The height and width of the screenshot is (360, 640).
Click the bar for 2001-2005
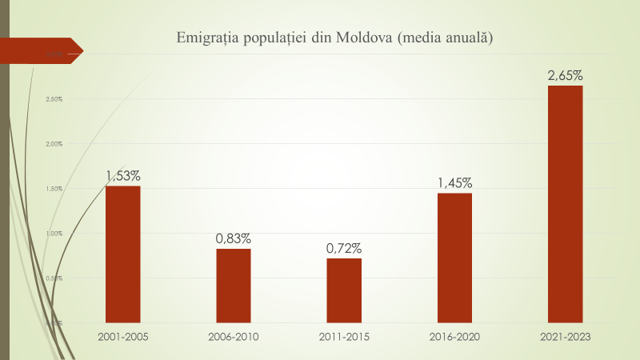pyautogui.click(x=122, y=254)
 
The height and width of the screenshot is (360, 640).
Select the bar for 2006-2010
pyautogui.click(x=233, y=285)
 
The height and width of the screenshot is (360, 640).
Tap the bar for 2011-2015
pyautogui.click(x=343, y=290)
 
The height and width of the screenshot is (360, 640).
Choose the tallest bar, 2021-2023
pyautogui.click(x=565, y=203)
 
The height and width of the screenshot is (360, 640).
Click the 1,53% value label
pyautogui.click(x=123, y=174)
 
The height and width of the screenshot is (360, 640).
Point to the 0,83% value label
pyautogui.click(x=234, y=238)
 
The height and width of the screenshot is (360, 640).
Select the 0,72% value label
pyautogui.click(x=344, y=247)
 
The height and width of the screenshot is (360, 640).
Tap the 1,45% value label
pyautogui.click(x=454, y=182)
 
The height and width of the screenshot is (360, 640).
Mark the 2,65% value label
pyautogui.click(x=565, y=75)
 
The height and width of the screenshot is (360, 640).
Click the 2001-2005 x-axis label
pyautogui.click(x=122, y=337)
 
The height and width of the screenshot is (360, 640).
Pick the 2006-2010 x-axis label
pyautogui.click(x=233, y=337)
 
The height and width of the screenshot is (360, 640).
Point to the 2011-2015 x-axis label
pyautogui.click(x=343, y=337)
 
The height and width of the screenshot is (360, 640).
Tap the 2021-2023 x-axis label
pyautogui.click(x=565, y=337)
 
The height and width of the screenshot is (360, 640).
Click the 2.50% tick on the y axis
pyautogui.click(x=54, y=99)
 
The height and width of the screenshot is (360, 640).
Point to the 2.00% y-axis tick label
pyautogui.click(x=54, y=144)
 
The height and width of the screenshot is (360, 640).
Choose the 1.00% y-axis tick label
pyautogui.click(x=54, y=234)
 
